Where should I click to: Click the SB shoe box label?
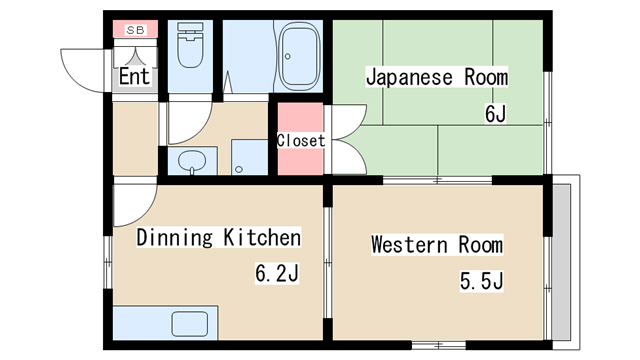135,31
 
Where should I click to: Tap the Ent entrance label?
134,76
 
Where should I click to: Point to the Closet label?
301,141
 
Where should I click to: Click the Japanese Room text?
436,77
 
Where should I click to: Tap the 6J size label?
495,114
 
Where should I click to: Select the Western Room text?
437,245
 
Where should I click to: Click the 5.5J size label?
481,281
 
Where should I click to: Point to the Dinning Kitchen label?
218,238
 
